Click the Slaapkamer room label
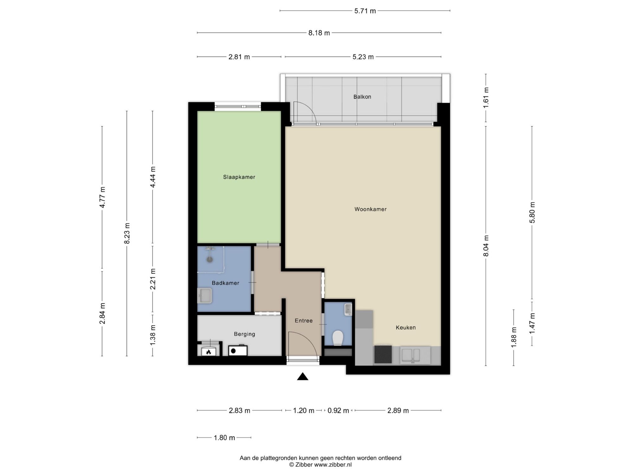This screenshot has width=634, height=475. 239,177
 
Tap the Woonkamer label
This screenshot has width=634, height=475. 371,209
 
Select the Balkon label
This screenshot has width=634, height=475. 362,97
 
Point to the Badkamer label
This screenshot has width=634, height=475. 225,283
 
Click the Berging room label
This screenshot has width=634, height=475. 244,334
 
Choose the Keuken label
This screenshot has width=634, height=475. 406,327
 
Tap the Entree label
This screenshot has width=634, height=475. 304,320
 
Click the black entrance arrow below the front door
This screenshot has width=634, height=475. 303,376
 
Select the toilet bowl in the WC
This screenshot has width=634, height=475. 338,338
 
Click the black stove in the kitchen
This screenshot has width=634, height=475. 383,354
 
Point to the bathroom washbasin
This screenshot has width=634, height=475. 204,295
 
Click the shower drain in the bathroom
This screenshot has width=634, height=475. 210,260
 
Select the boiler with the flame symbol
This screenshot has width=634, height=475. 209,351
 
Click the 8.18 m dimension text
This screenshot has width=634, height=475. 319,33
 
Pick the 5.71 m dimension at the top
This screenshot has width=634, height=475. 365,11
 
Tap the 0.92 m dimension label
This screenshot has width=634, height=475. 338,411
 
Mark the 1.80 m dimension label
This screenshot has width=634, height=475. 224,438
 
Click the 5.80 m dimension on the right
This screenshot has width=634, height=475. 532,212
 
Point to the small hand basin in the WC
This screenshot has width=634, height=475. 348,309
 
